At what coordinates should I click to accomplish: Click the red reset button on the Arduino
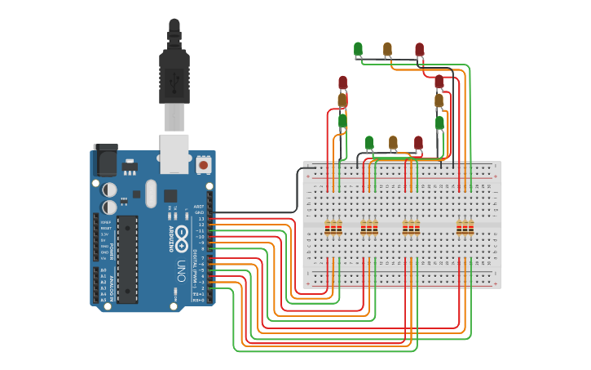click(x=203, y=165)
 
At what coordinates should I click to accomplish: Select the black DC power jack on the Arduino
click(x=105, y=160)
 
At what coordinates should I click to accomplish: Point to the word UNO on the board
click(x=180, y=271)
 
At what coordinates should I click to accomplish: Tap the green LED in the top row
click(x=358, y=49)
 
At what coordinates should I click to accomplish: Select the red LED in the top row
click(x=419, y=49)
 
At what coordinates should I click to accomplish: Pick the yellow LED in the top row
click(x=387, y=49)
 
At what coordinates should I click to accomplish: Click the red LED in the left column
click(x=342, y=82)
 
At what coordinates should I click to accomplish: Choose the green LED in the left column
click(x=342, y=121)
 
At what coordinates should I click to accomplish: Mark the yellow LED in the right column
click(x=439, y=100)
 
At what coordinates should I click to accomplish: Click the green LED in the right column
click(x=439, y=123)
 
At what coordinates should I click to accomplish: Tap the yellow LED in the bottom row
click(x=393, y=143)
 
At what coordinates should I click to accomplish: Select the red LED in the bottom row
click(x=418, y=143)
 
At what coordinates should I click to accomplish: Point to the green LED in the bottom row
click(x=368, y=143)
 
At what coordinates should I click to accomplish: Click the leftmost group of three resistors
click(x=333, y=227)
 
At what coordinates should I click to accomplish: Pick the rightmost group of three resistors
click(x=465, y=227)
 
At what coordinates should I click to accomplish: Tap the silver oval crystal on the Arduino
click(x=151, y=194)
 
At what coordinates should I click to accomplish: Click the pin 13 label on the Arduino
click(x=201, y=218)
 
